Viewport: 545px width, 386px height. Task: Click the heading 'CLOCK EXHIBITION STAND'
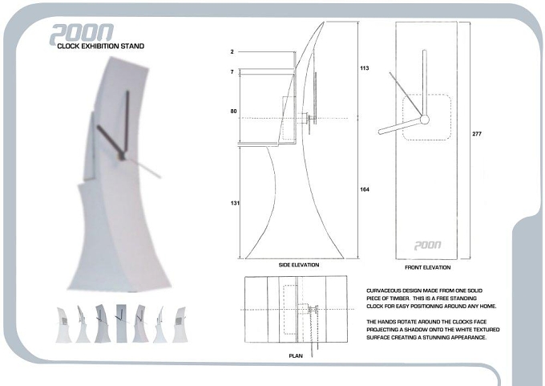[x=100, y=46]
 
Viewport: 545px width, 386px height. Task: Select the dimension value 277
[x=477, y=134]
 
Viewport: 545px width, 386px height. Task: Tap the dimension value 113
[x=364, y=68]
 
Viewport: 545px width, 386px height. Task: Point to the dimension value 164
[x=365, y=189]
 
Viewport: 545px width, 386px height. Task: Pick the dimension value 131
[x=235, y=203]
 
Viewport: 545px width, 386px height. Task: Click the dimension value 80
[x=233, y=112]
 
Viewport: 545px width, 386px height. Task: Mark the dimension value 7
[x=232, y=72]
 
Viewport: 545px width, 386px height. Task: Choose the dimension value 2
[x=232, y=52]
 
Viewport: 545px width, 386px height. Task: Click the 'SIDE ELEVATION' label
[x=299, y=265]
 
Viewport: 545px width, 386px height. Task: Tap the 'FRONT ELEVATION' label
[x=427, y=267]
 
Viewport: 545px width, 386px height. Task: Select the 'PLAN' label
[x=296, y=356]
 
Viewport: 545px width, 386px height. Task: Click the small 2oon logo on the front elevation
[x=427, y=246]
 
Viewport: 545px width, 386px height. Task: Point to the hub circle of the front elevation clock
[x=425, y=120]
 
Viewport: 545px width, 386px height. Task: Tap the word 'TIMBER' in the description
[x=400, y=299]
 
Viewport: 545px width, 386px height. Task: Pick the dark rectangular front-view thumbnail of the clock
[x=121, y=323]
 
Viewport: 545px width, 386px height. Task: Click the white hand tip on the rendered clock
[x=159, y=176]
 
